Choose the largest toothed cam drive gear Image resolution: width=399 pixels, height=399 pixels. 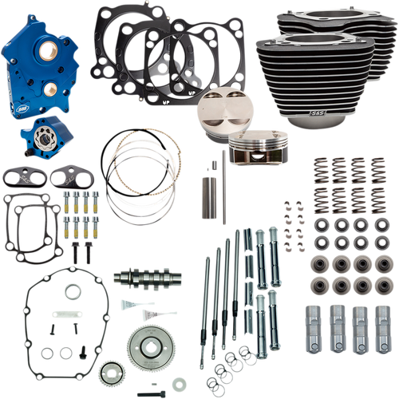[x=152, y=332]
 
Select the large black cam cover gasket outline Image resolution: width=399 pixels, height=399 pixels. [x=56, y=319]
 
